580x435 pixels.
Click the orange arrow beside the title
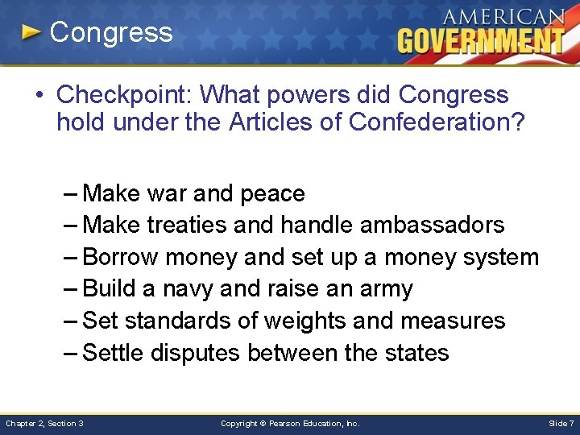(x=31, y=33)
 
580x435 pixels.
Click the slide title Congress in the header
(x=111, y=32)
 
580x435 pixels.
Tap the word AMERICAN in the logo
(x=503, y=16)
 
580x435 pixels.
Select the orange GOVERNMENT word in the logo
(x=481, y=40)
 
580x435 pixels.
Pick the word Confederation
(x=430, y=123)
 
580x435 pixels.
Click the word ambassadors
(x=432, y=226)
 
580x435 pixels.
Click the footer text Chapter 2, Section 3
(x=45, y=423)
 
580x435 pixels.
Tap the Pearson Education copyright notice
(x=290, y=423)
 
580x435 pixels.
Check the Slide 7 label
(x=561, y=423)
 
